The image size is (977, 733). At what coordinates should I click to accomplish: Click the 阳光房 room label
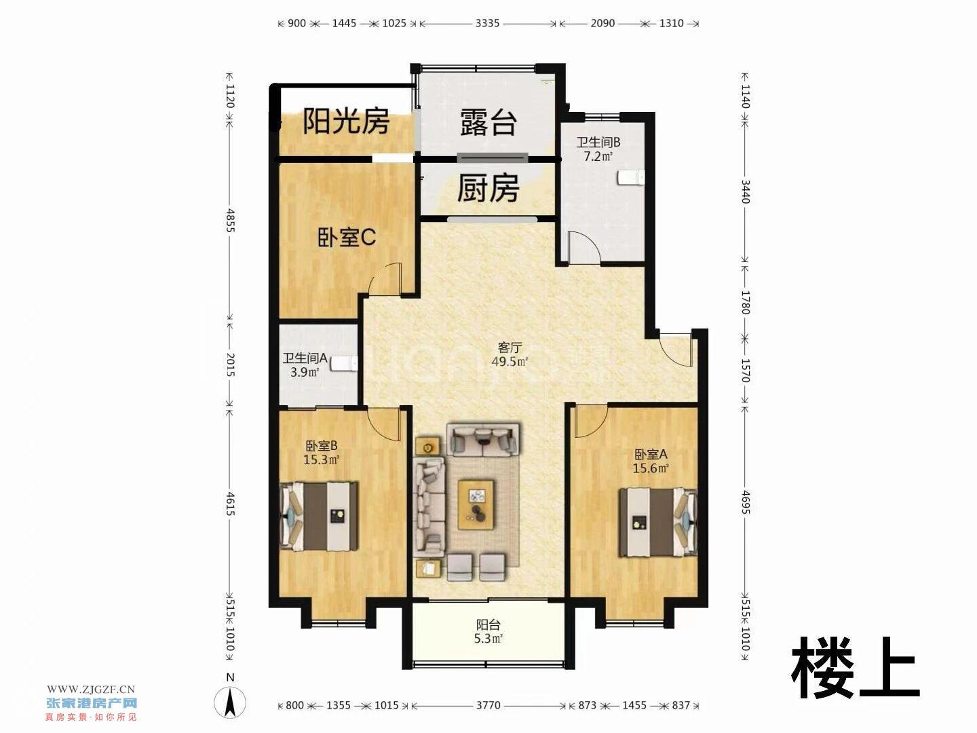click(x=346, y=121)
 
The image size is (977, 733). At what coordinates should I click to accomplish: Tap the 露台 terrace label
click(x=488, y=122)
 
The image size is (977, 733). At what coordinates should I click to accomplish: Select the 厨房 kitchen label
click(x=488, y=188)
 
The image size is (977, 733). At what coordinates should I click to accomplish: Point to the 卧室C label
click(x=347, y=238)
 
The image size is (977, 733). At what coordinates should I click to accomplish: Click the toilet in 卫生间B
click(x=631, y=177)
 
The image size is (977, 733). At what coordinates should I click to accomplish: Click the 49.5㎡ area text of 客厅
click(x=510, y=361)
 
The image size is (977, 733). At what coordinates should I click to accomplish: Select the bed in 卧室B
click(x=318, y=516)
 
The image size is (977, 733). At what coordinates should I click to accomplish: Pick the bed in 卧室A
click(x=658, y=523)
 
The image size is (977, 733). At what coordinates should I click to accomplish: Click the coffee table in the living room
click(x=477, y=504)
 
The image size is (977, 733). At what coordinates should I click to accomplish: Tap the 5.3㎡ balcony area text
click(x=488, y=639)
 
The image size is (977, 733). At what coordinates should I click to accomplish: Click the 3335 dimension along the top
click(x=487, y=23)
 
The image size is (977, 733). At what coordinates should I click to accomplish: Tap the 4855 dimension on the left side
click(x=230, y=220)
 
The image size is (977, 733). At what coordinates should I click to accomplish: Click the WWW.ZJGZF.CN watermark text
click(x=91, y=690)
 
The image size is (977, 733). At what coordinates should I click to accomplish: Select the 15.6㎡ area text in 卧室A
click(x=651, y=468)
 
